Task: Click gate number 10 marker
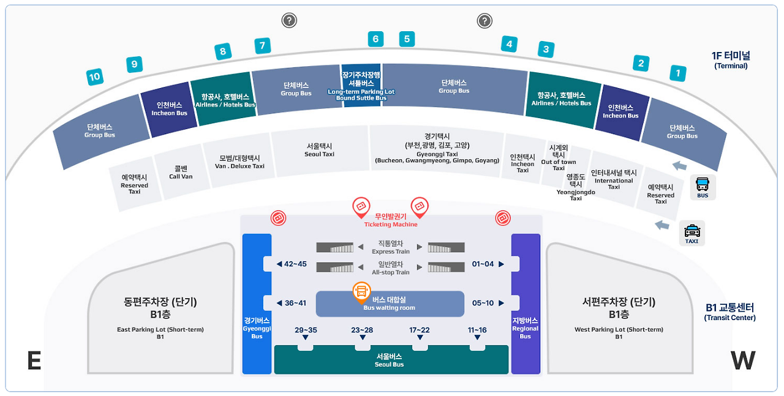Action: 94,77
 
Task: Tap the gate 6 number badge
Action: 375,39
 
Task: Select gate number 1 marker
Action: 677,73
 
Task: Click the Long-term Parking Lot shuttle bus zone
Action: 361,86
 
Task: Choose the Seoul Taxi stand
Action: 319,150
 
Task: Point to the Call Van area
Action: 181,172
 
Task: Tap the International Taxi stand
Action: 613,179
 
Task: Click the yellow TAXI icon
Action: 692,233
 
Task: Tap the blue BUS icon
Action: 703,185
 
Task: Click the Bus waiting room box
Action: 390,304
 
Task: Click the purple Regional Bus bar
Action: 526,304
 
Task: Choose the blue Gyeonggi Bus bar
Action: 257,304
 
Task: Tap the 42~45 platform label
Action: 292,264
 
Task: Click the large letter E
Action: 34,361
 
